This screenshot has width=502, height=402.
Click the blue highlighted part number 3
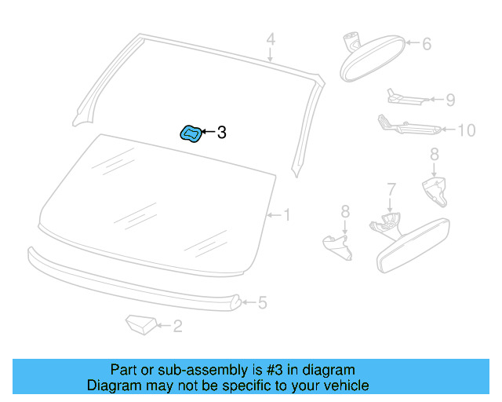point(191,133)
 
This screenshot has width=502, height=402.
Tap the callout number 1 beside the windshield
point(286,214)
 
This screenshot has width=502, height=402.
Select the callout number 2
point(177,326)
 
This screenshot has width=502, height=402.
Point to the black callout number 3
point(221,133)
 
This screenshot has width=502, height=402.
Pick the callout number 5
point(263,302)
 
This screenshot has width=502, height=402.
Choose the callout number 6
point(427,44)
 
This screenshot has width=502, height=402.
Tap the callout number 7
point(391,188)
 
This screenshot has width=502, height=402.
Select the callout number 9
point(449,100)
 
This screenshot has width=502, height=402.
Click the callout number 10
point(466,130)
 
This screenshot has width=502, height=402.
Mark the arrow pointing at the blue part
point(208,133)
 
